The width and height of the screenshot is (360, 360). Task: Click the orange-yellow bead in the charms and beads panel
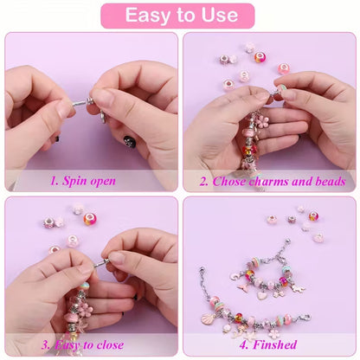[x=260, y=57]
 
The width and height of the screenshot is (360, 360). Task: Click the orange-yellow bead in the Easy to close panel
[x=90, y=218]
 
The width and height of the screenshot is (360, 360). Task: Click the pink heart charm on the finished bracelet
[x=262, y=294]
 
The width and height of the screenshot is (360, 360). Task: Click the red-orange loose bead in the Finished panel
[x=313, y=216]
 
